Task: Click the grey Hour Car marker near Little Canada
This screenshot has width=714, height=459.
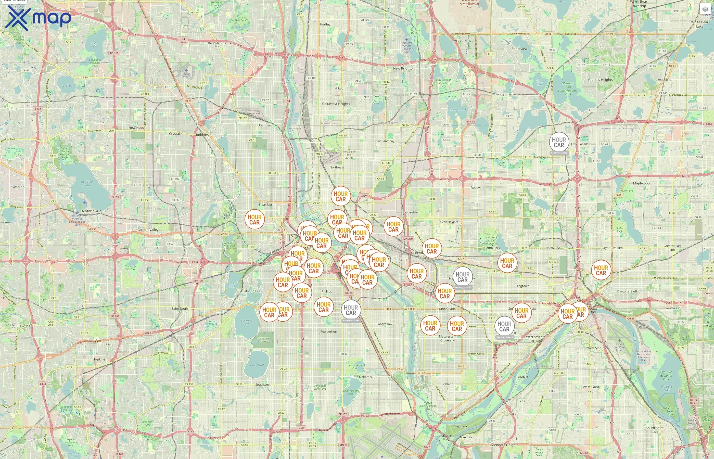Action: coord(559,142)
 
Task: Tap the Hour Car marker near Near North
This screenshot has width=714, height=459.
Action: coord(254,219)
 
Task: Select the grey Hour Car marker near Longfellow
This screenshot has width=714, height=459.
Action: coord(351,310)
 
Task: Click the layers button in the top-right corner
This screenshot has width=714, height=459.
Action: coord(705,9)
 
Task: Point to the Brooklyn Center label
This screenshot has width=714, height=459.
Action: coord(220,43)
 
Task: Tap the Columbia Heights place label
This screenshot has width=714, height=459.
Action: coord(336,104)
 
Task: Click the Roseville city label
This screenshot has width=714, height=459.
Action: coord(477,187)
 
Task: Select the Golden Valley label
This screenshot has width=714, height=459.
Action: coord(148,229)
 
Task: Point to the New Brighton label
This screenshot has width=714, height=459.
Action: coord(404,68)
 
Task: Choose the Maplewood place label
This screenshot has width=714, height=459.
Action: coord(642,183)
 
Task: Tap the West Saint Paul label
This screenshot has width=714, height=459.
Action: coord(591,389)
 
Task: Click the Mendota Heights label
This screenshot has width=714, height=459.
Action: coord(504,445)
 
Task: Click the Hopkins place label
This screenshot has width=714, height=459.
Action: coord(99,359)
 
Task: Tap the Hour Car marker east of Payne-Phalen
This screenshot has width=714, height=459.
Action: coord(601,270)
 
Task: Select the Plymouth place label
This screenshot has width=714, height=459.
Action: coord(17,187)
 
